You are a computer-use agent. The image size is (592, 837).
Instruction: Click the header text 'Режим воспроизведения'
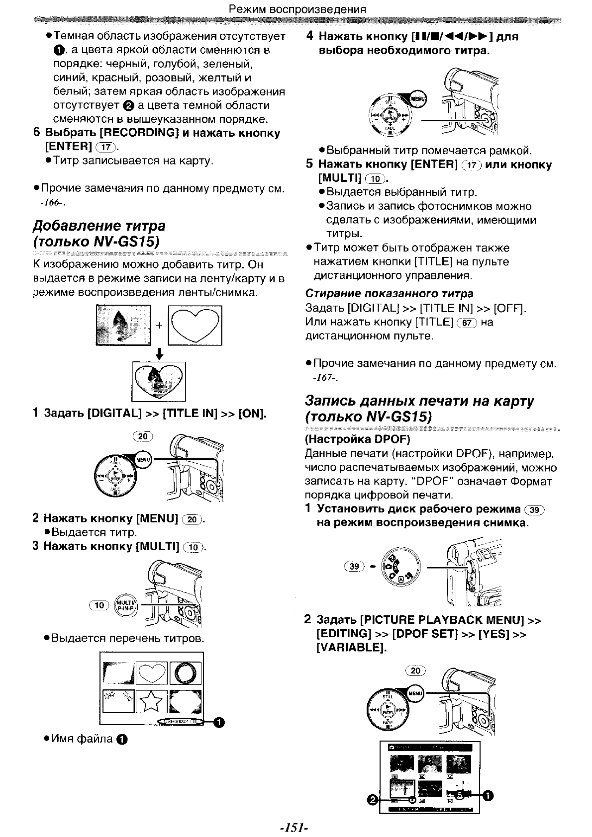coord(297,9)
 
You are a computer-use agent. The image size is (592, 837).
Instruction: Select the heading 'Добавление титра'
coord(99,226)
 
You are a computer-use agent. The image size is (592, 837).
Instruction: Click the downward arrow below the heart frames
coord(159,354)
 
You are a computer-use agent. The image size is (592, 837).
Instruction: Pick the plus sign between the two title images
coord(159,326)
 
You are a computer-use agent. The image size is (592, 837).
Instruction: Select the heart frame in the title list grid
coord(152,673)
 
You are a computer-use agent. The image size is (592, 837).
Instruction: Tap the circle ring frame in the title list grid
coord(185,673)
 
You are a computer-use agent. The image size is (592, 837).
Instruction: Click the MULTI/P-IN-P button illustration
coord(124,605)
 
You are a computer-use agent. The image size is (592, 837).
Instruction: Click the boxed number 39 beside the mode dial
coord(354,566)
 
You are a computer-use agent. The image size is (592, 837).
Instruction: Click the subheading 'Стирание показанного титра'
coord(389,293)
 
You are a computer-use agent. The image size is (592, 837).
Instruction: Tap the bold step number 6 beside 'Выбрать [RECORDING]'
coord(36,133)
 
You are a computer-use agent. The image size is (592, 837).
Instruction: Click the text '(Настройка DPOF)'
coord(357,439)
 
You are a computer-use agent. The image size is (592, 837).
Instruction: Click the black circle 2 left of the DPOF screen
coord(372,800)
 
